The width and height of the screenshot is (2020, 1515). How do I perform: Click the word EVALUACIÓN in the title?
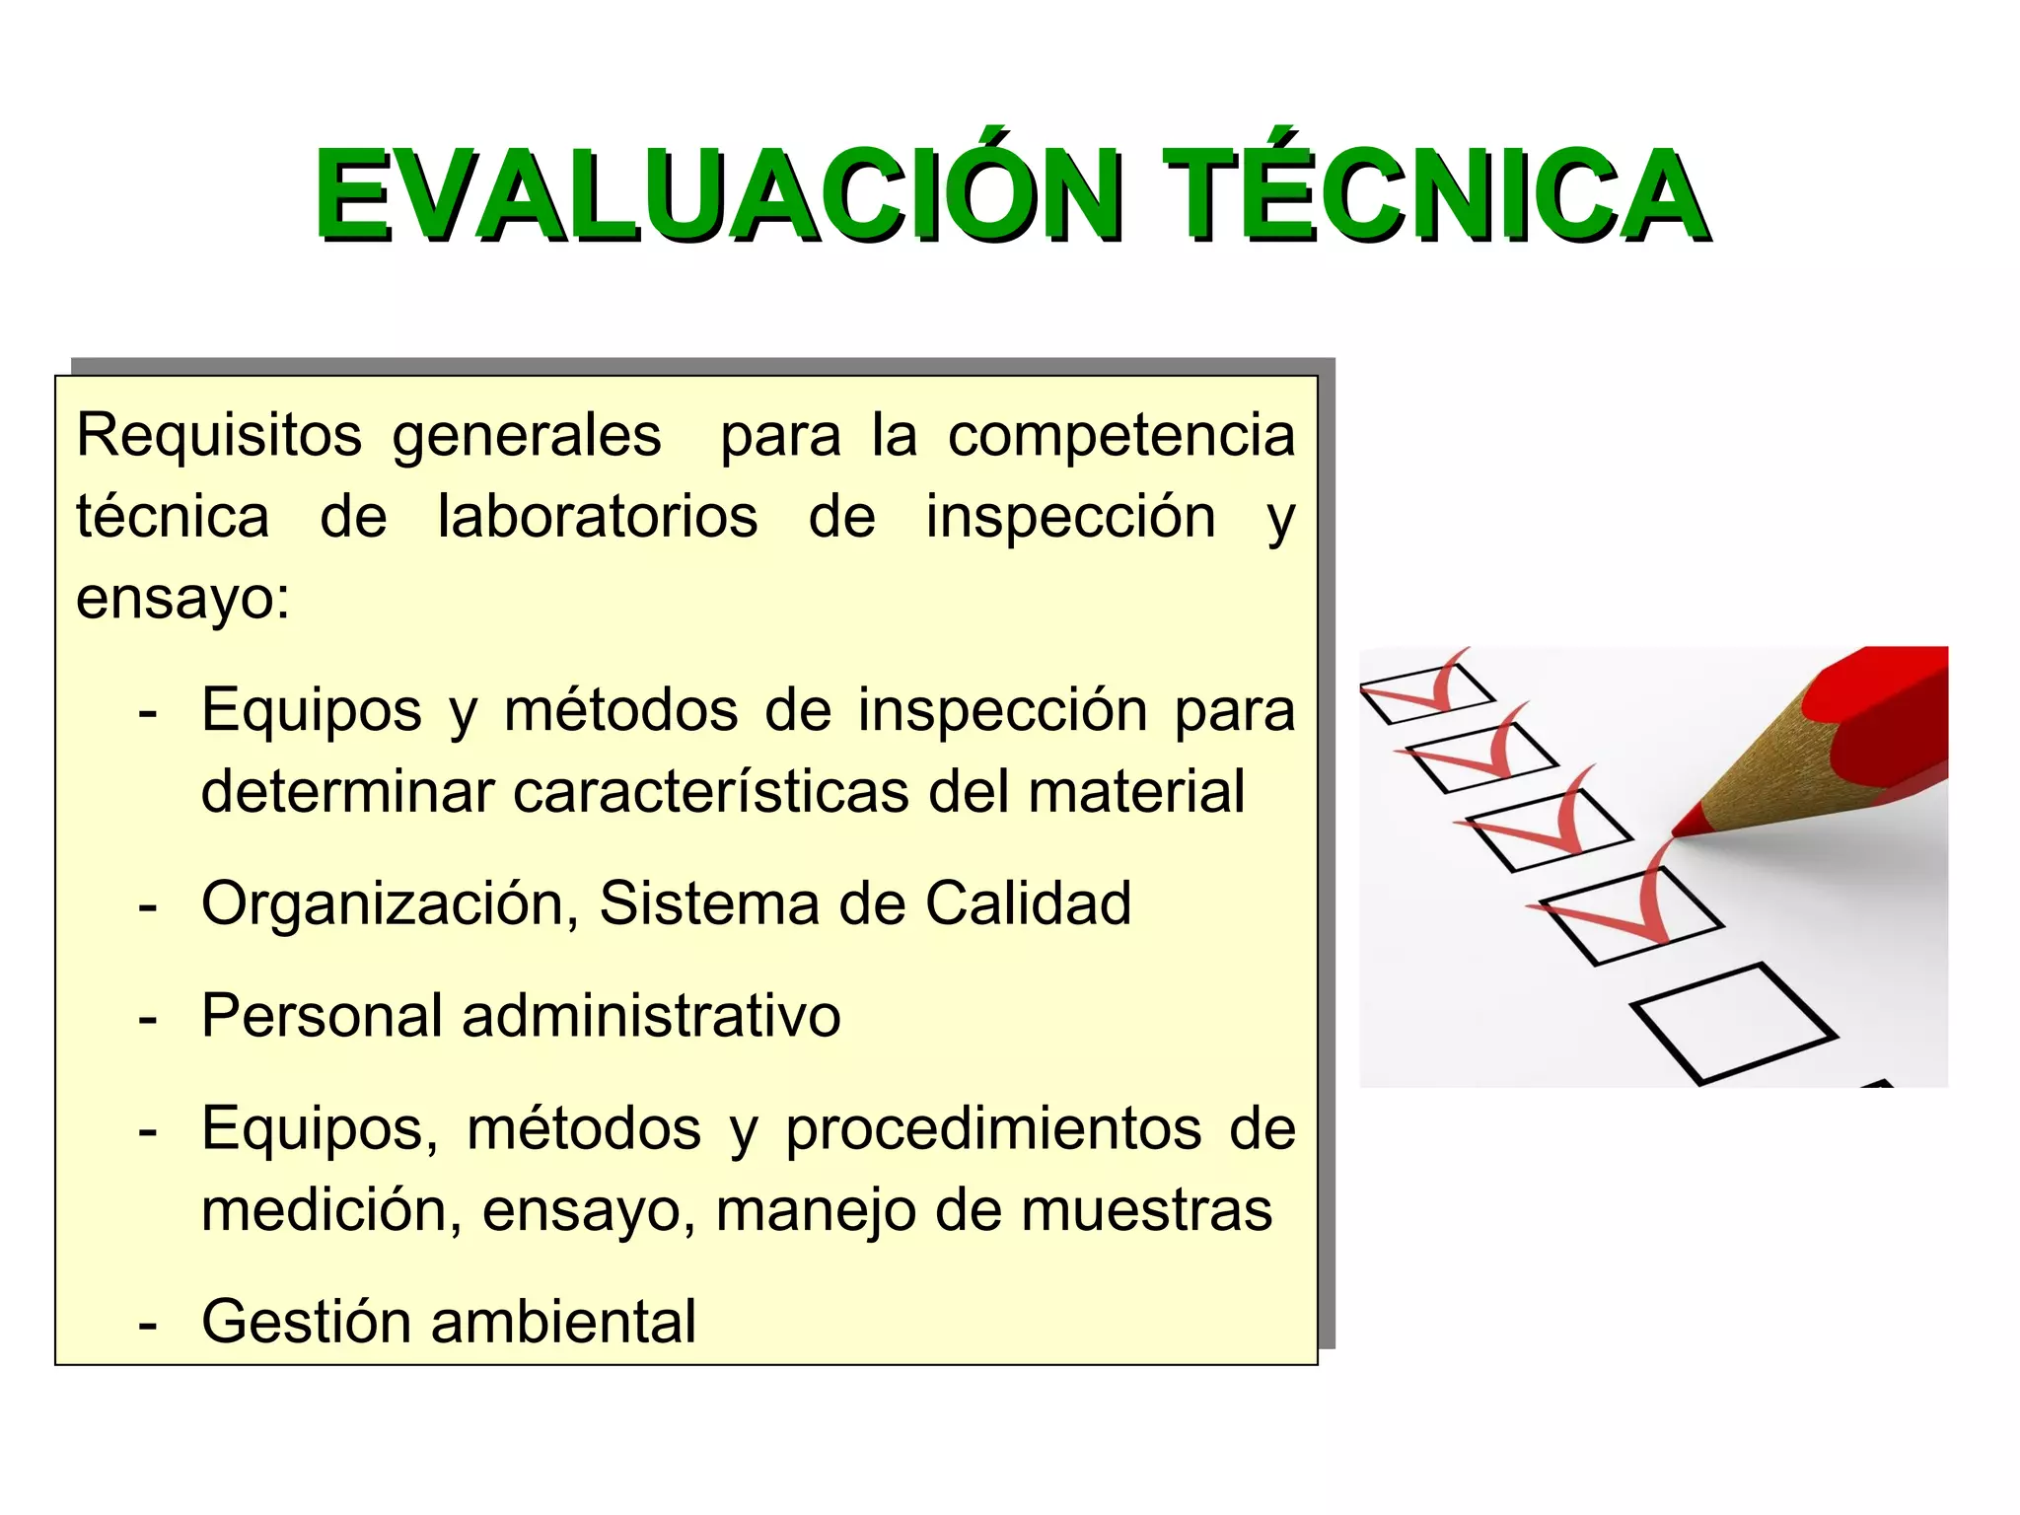click(x=718, y=195)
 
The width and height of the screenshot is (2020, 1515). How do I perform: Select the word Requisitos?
click(x=219, y=436)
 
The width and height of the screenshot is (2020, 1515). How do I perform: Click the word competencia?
click(x=1121, y=436)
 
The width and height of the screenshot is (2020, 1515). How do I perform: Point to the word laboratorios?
click(x=598, y=517)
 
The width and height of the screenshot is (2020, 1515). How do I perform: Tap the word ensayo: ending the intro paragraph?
click(x=183, y=598)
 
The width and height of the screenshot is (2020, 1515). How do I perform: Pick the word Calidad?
click(x=1028, y=903)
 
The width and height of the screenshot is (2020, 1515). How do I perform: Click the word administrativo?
click(x=651, y=1016)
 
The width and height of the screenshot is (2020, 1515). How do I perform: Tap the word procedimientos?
click(x=993, y=1128)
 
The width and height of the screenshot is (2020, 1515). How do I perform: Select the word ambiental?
click(x=563, y=1322)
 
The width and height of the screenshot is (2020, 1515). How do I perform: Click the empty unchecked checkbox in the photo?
click(x=1733, y=1023)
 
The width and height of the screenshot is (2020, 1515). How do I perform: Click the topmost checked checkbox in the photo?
click(x=1425, y=693)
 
